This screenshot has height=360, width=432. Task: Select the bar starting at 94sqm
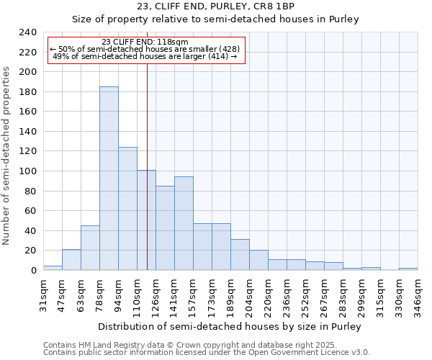(127, 209)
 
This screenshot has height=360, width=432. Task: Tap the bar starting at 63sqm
(90, 248)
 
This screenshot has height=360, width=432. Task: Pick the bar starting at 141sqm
(184, 223)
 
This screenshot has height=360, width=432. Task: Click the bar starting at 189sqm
(240, 255)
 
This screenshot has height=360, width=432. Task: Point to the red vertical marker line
(147, 144)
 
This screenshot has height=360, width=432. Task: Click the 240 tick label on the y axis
(27, 32)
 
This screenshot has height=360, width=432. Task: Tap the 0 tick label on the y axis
(33, 271)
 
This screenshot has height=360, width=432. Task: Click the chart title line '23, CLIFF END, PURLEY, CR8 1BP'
(215, 6)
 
